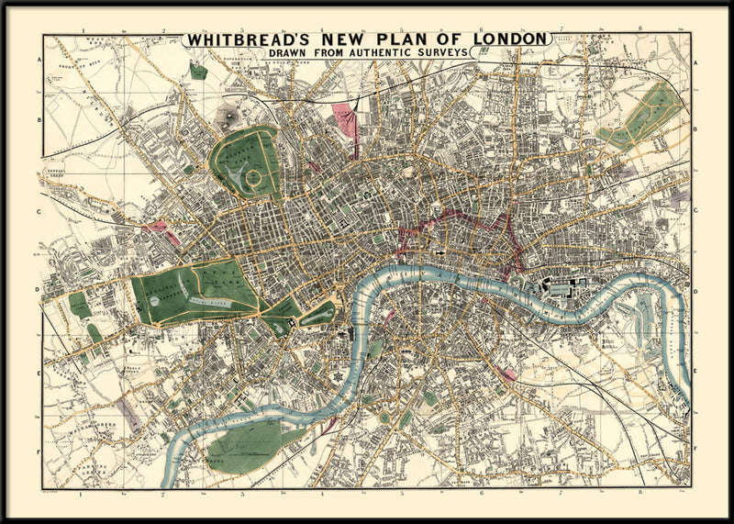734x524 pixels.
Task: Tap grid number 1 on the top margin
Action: pyautogui.click(x=83, y=30)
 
